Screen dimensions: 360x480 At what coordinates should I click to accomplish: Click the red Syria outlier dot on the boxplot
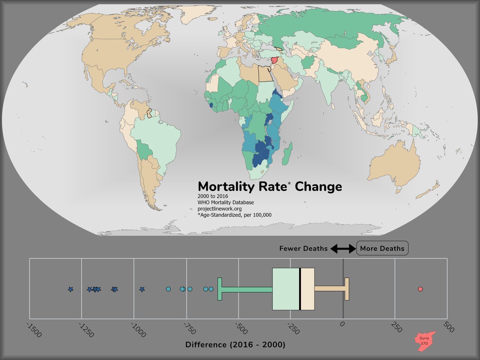click(420, 289)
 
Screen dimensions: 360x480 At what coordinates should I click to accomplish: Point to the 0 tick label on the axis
click(342, 326)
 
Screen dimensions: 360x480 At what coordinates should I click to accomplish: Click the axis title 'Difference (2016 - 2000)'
click(235, 344)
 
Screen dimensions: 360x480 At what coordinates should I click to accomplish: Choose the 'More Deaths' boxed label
click(382, 248)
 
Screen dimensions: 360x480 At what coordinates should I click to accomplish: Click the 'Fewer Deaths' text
click(303, 248)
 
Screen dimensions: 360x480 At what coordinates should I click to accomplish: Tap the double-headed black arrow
click(342, 249)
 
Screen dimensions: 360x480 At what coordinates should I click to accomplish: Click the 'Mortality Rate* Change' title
click(270, 186)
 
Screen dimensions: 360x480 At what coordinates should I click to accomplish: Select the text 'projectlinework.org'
click(220, 208)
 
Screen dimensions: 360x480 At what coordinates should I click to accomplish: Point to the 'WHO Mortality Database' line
click(226, 202)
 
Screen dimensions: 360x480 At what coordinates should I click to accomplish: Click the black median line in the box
click(300, 289)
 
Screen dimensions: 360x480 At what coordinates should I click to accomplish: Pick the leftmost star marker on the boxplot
click(70, 289)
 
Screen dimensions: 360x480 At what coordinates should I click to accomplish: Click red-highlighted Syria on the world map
click(275, 60)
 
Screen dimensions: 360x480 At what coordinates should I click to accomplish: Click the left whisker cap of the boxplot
click(220, 289)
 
